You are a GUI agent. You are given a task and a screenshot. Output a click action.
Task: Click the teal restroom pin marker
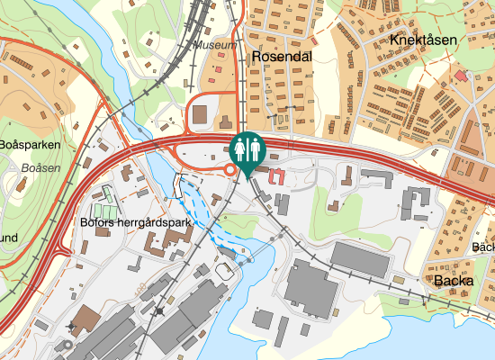click(x=247, y=148)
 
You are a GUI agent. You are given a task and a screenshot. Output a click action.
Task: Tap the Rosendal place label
click(x=282, y=56)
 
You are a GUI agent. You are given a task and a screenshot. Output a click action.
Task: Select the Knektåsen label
click(x=424, y=40)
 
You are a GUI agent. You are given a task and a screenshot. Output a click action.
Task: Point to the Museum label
click(x=217, y=44)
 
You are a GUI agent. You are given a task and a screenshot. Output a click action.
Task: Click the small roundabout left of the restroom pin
click(x=230, y=169)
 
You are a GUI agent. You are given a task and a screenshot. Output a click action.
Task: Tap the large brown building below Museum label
click(x=199, y=116)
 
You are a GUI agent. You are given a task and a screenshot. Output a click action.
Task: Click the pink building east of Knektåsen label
click(x=461, y=76)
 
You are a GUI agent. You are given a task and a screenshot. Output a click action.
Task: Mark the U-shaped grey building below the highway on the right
click(x=417, y=202)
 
